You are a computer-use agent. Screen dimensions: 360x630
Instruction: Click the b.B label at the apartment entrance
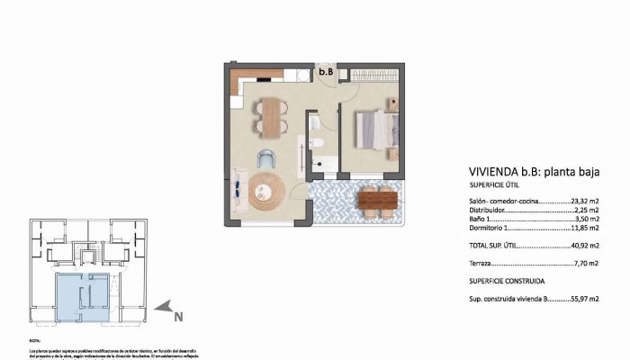(x=326, y=71)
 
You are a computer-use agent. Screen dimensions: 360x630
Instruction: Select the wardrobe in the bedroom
(x=371, y=72)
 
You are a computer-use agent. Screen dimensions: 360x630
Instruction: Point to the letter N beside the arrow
(x=178, y=316)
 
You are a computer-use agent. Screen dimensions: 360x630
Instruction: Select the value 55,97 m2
(x=584, y=299)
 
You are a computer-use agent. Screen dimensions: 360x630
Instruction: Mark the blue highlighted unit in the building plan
(x=81, y=295)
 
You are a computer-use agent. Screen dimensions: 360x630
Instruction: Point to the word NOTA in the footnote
(x=35, y=341)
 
